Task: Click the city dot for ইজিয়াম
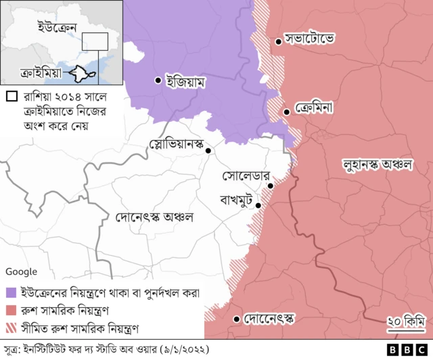point(158,81)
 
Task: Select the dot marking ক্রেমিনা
point(288,112)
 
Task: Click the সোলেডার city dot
point(270,185)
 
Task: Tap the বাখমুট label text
point(235,200)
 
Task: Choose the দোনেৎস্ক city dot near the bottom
point(236,319)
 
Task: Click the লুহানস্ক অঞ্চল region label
point(378,164)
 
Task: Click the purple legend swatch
point(11,294)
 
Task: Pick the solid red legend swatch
point(11,310)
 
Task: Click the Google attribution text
point(21,271)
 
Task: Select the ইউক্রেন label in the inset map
point(47,27)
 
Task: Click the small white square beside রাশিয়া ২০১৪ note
point(9,96)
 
